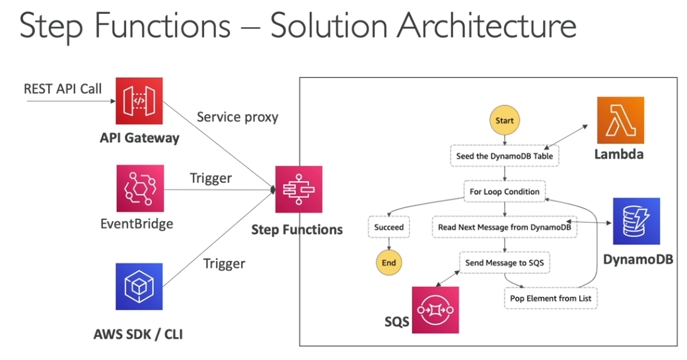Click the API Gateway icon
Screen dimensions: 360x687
tap(139, 100)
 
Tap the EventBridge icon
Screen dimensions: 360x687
tap(139, 188)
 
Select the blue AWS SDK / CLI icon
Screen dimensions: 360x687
tap(139, 286)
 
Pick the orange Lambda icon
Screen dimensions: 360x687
tap(620, 120)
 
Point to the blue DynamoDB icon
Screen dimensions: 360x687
tap(636, 221)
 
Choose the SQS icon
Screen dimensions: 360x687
tap(435, 310)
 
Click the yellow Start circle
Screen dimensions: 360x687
tap(505, 121)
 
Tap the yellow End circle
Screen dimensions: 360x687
tap(388, 262)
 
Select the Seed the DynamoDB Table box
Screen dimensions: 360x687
tap(505, 157)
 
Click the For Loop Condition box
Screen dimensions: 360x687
tap(505, 192)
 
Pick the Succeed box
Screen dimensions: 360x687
tap(388, 227)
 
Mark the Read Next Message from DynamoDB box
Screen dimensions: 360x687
tap(505, 227)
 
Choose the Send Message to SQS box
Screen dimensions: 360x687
tap(505, 262)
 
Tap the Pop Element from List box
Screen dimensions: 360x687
tap(552, 298)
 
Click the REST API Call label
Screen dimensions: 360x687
tap(63, 88)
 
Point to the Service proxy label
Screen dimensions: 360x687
tap(238, 117)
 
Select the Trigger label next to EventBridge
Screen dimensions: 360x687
tap(211, 178)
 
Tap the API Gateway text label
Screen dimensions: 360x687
tap(139, 137)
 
